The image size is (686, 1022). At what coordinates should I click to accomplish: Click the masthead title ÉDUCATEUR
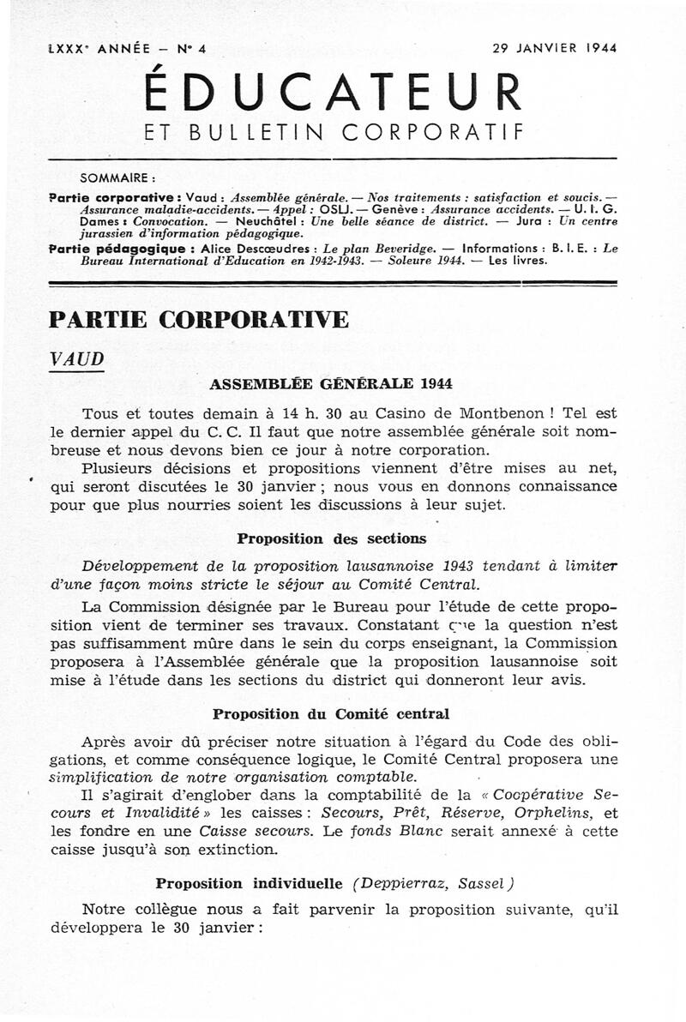coord(334,92)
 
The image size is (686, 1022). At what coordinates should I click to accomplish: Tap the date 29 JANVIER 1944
coord(555,48)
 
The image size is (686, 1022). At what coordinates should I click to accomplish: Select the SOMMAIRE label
coord(117,179)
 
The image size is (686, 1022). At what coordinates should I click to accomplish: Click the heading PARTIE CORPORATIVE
coord(199,320)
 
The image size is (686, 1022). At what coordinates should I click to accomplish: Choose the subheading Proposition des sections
coord(331,538)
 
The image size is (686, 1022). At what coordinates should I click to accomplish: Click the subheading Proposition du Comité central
coord(331,713)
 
